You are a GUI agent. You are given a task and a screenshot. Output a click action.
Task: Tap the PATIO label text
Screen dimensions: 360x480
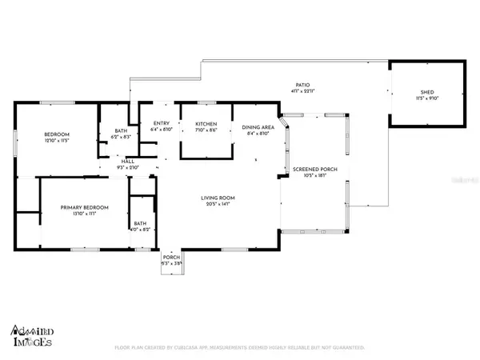click(302, 86)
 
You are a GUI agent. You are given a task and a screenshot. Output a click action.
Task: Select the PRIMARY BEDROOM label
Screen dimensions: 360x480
click(85, 207)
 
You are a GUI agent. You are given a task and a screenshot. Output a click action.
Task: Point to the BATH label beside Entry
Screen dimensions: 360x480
click(121, 131)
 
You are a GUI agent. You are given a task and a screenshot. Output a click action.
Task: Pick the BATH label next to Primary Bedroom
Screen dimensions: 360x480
click(140, 223)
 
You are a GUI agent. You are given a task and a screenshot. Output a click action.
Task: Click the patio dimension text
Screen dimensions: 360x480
click(302, 91)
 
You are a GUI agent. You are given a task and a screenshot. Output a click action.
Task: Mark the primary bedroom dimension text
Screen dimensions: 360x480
click(85, 213)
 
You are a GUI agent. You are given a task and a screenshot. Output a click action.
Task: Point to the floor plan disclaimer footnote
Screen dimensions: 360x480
click(240, 348)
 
